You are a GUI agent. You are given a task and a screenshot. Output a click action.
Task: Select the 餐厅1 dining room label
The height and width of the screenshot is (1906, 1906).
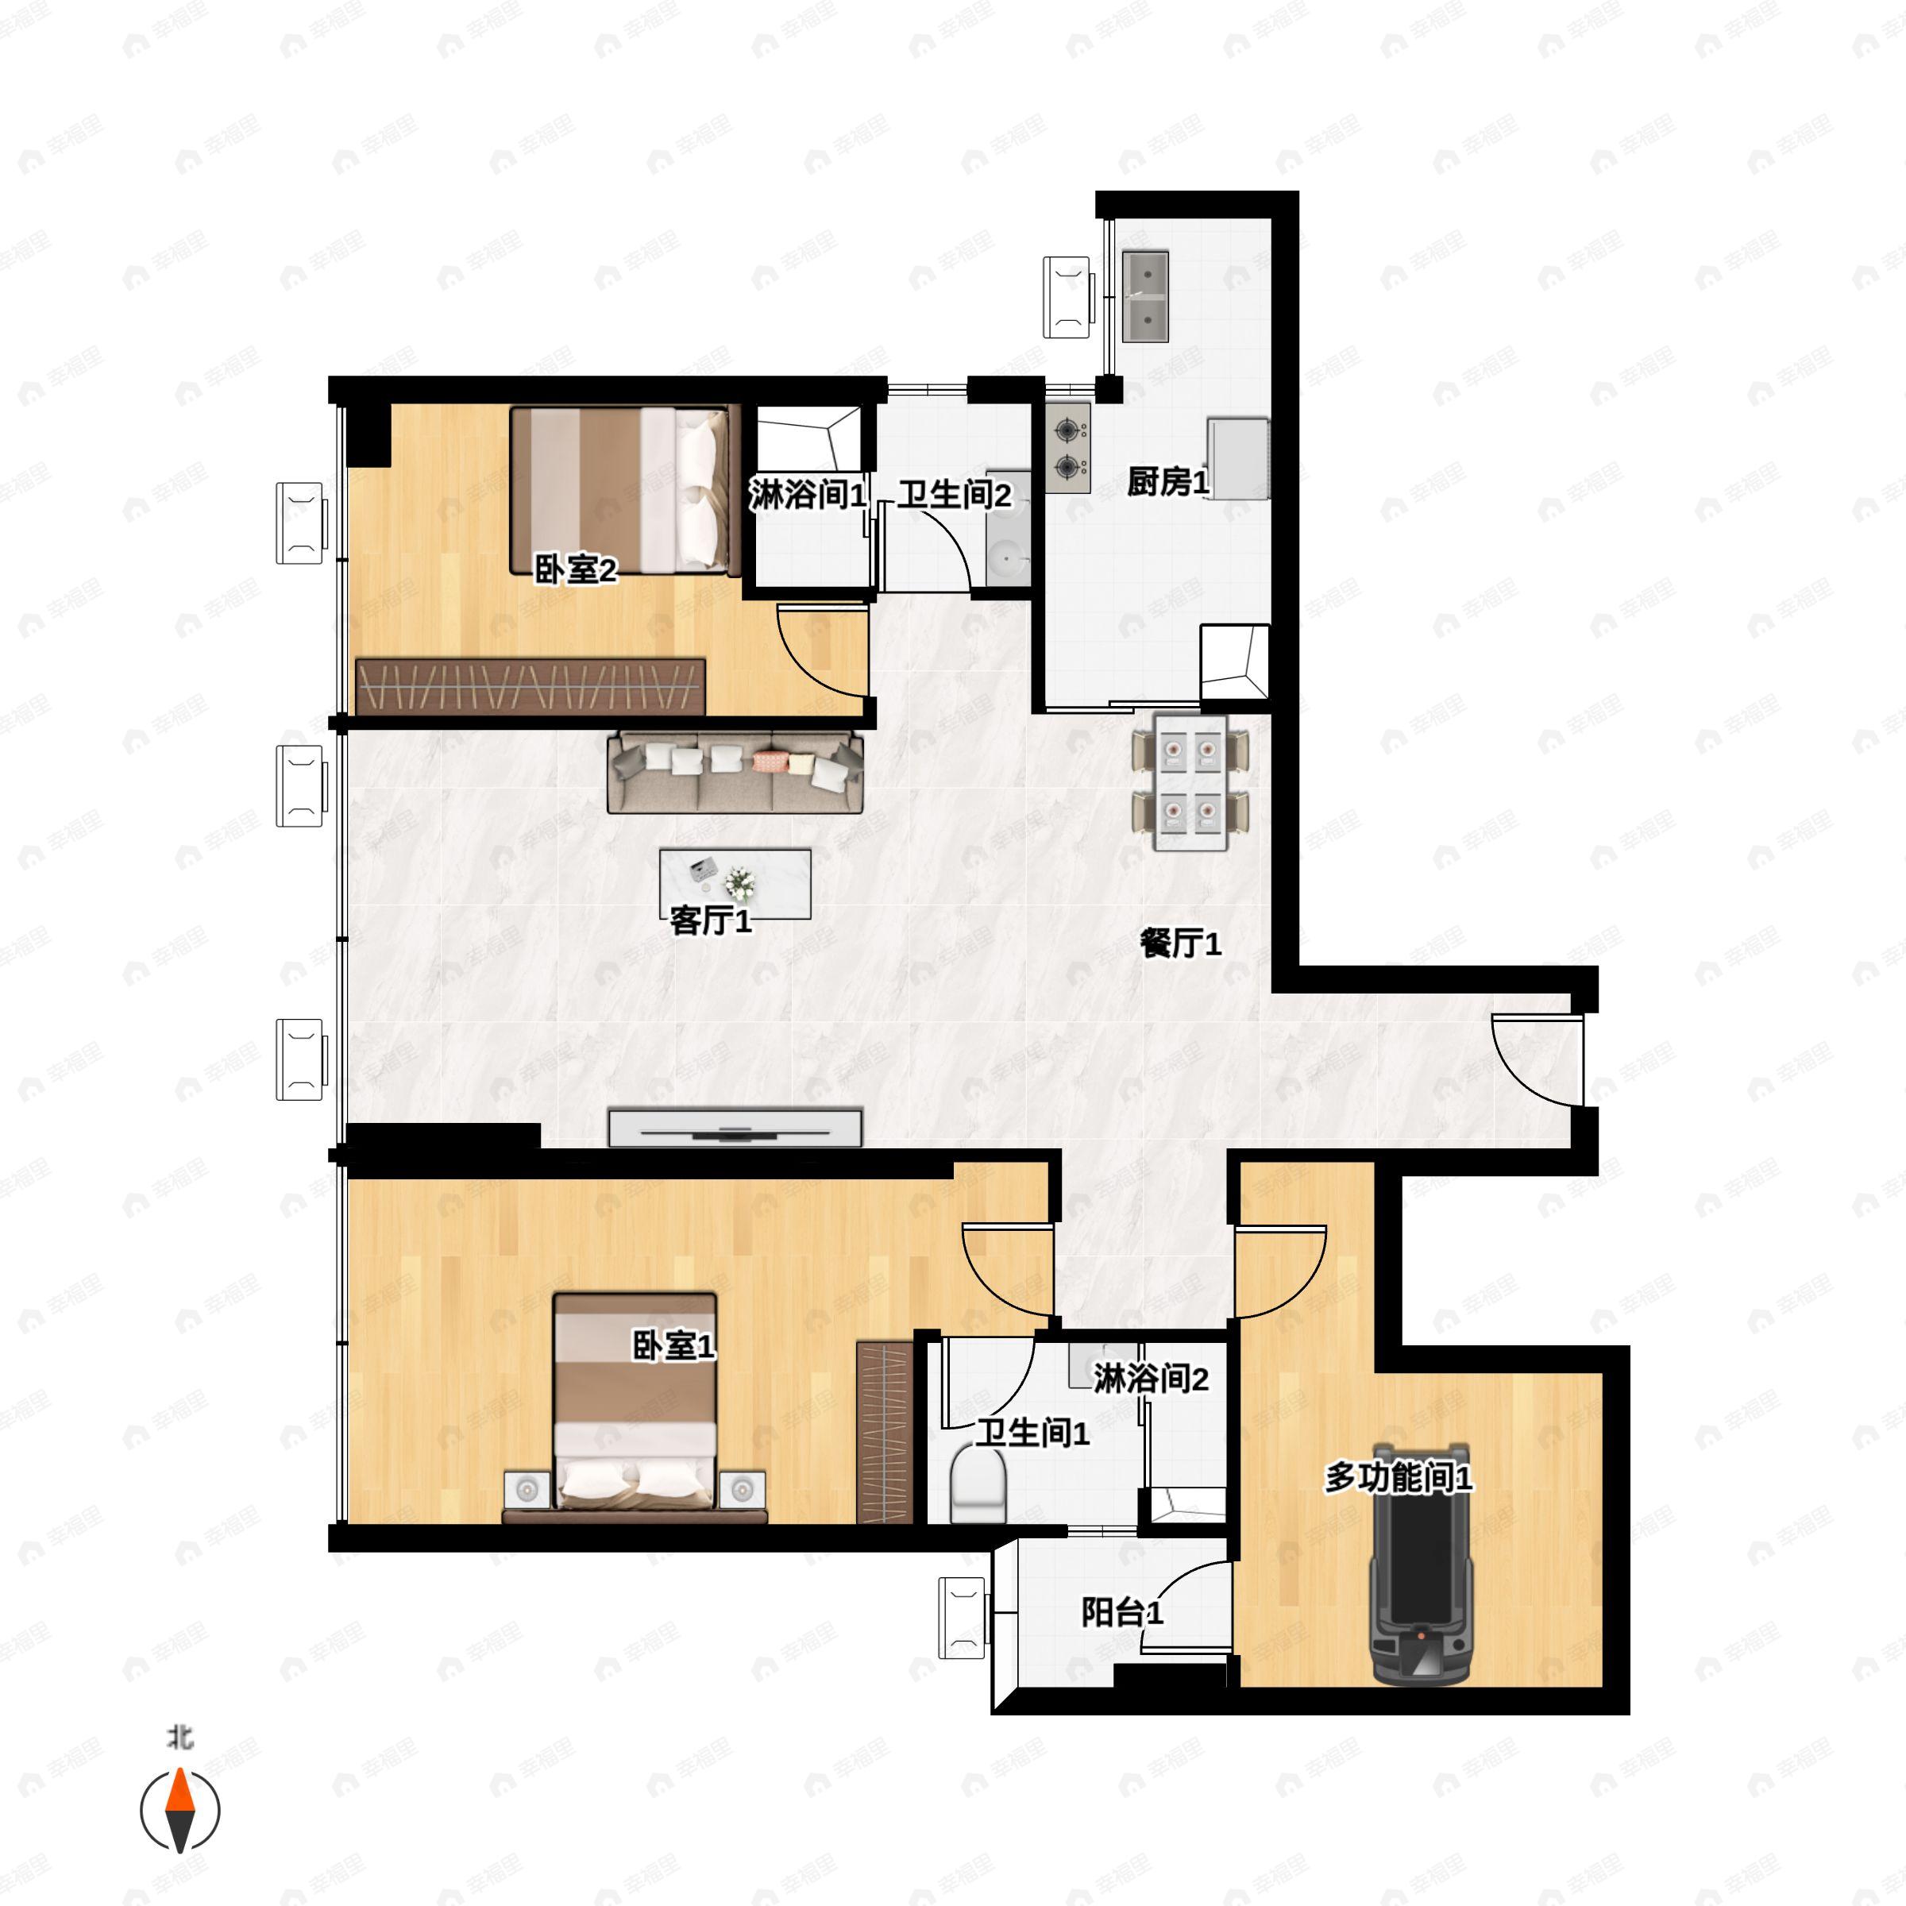(1181, 944)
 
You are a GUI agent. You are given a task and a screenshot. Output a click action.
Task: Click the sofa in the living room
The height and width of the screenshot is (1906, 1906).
(735, 771)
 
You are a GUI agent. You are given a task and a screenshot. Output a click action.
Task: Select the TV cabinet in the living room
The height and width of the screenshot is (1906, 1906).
(735, 1128)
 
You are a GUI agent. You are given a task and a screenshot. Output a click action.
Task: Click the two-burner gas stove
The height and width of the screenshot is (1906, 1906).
(1067, 448)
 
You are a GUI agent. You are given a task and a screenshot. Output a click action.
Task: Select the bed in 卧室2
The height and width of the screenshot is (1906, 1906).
(626, 490)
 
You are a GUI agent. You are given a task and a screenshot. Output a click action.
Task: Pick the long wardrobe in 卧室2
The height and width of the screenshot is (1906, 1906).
(530, 685)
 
